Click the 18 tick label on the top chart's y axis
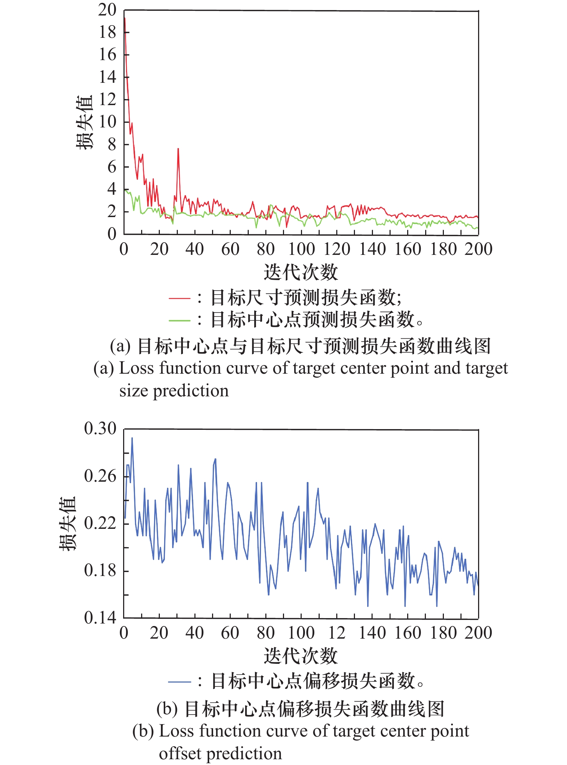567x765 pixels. click(107, 32)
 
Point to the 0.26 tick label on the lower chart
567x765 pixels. click(100, 476)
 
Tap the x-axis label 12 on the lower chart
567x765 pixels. click(337, 633)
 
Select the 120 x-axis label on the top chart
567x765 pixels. click(337, 249)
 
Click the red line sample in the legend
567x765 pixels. click(179, 298)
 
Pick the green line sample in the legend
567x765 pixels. click(179, 320)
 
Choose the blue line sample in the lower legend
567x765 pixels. click(179, 681)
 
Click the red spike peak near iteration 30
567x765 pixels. click(178, 149)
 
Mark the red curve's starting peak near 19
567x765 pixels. click(125, 18)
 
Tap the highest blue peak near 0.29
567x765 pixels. click(132, 438)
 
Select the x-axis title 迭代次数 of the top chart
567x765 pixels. click(301, 272)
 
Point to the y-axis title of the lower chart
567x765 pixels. click(68, 523)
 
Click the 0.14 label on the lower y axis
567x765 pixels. click(100, 618)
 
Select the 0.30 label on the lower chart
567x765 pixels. click(100, 428)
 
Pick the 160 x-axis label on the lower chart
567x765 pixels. click(408, 633)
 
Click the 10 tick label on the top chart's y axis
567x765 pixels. click(107, 122)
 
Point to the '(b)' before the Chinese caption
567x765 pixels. click(167, 709)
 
